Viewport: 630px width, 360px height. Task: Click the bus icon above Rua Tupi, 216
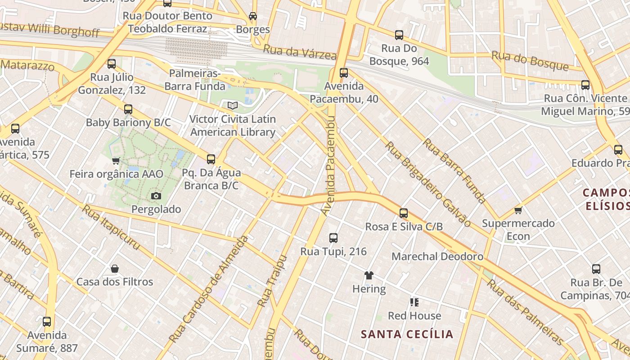coord(333,238)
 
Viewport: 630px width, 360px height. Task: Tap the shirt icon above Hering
coord(369,275)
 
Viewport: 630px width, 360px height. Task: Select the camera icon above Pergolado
coord(156,196)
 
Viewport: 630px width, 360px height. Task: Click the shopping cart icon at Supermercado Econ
coord(518,210)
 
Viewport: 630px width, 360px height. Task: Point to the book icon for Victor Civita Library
coord(232,106)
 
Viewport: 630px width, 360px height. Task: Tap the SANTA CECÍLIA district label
coord(407,334)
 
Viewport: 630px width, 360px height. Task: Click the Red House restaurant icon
coord(414,302)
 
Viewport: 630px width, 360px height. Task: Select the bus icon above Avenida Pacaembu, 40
coord(344,72)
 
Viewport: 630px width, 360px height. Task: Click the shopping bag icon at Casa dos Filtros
coord(115,269)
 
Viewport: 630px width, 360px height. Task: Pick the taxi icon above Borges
coord(253,16)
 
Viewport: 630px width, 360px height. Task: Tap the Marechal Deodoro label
coord(437,256)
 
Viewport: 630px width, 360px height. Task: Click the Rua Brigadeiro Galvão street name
coord(427,184)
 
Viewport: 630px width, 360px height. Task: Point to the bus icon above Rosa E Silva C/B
coord(404,213)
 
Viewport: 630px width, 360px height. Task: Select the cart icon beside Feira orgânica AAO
coord(116,161)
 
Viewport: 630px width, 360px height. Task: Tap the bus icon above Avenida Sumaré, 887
coord(47,322)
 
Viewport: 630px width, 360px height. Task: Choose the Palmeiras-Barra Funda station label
coord(195,80)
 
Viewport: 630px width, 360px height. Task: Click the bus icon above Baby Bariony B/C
coord(128,109)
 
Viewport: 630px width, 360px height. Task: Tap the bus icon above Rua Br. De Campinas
coord(596,269)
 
